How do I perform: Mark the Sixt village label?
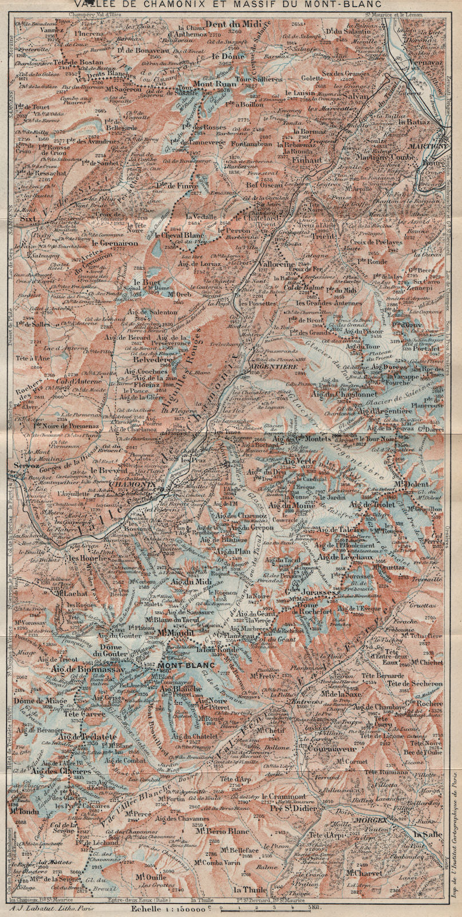coord(26,220)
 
